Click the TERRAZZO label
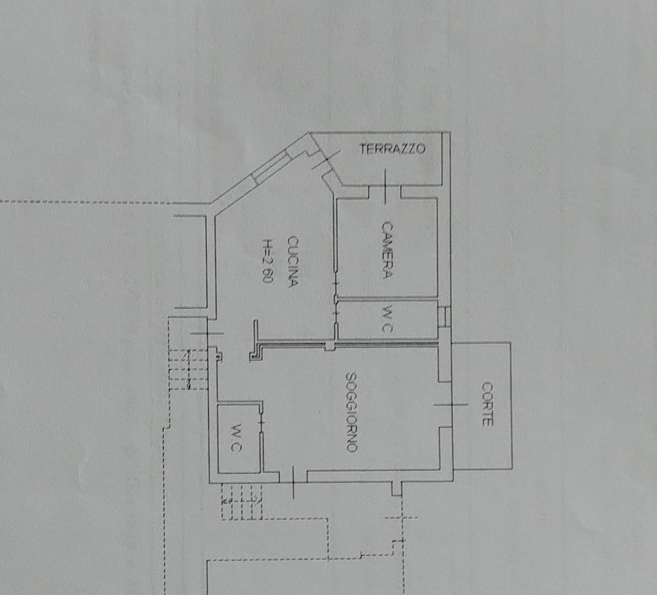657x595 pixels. tap(392, 149)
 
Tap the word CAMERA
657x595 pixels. tap(387, 250)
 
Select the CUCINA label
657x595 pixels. tap(293, 261)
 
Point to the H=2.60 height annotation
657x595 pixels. tap(268, 261)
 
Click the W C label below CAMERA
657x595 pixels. tap(387, 318)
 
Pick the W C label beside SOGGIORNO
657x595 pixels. tap(236, 437)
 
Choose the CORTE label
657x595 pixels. tap(487, 404)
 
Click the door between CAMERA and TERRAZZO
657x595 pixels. tap(385, 187)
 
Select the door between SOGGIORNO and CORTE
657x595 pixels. tap(450, 404)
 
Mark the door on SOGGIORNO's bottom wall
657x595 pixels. tap(293, 482)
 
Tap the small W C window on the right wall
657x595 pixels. tap(444, 317)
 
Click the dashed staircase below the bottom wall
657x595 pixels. tap(242, 501)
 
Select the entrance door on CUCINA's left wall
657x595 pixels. tap(207, 333)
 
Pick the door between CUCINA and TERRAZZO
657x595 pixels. tap(325, 161)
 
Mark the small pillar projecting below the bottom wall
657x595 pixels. tap(396, 489)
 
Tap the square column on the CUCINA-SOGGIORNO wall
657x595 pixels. tap(331, 347)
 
